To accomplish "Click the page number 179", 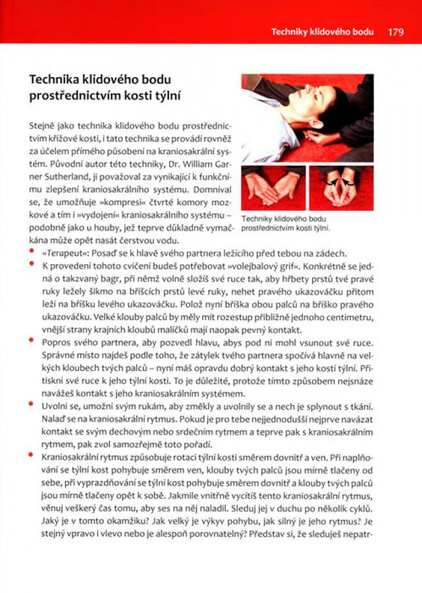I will pyautogui.click(x=395, y=32).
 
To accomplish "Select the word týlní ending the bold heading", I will pyautogui.click(x=167, y=96).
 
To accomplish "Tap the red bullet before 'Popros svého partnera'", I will pyautogui.click(x=33, y=341).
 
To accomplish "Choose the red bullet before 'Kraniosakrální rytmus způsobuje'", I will pyautogui.click(x=33, y=454).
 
